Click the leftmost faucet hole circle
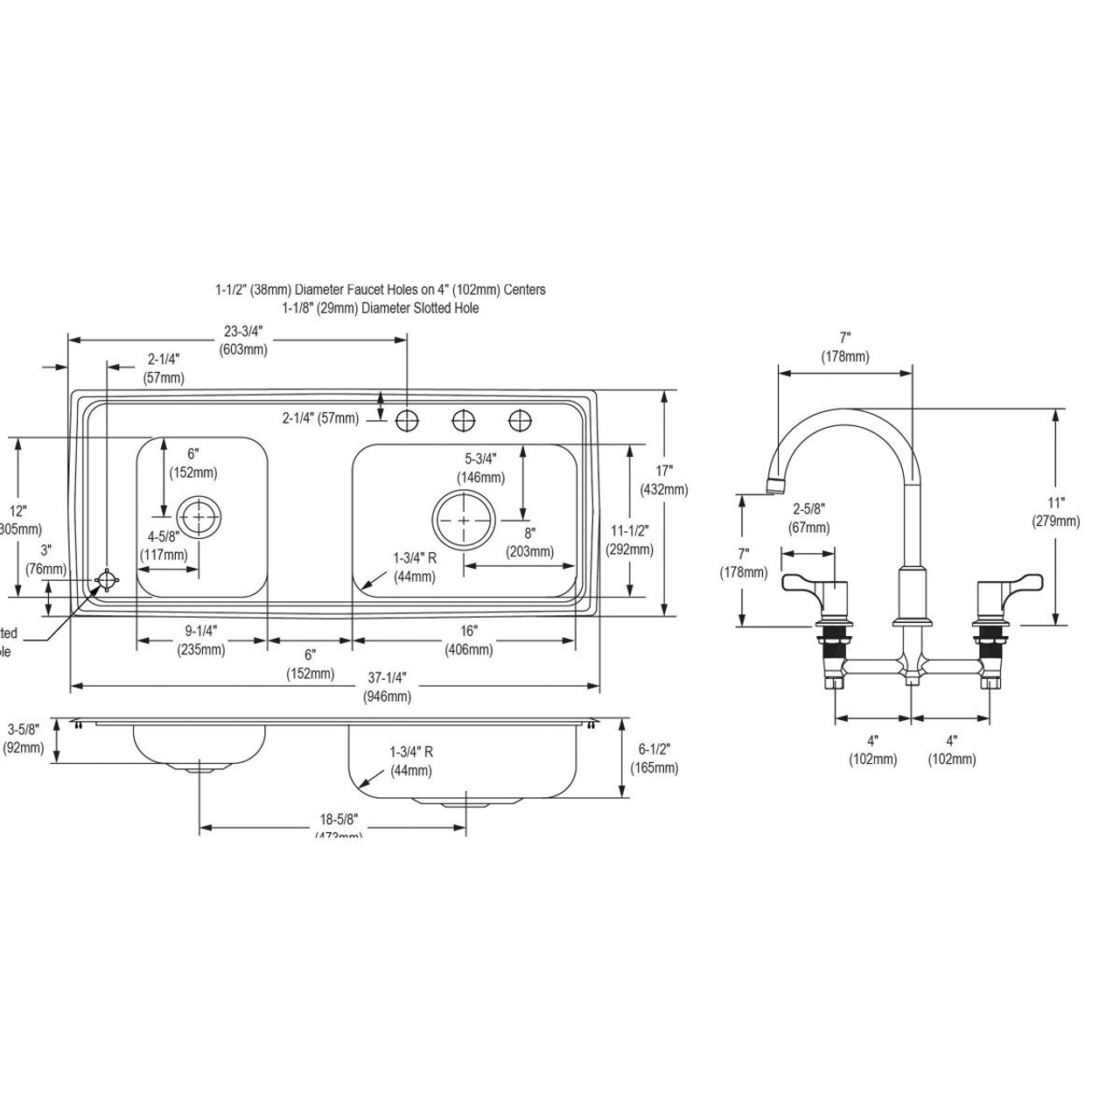pos(406,421)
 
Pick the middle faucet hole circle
pos(463,421)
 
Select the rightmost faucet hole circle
pos(520,421)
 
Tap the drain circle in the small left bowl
pos(200,518)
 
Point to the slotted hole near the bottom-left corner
pos(107,581)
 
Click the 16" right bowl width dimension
pos(468,640)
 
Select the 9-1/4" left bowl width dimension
pos(200,640)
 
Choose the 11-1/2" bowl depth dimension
pos(629,540)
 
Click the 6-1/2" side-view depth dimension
pos(654,759)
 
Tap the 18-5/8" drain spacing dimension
pos(338,825)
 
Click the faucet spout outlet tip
pos(775,486)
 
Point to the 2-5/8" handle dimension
pos(809,517)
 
